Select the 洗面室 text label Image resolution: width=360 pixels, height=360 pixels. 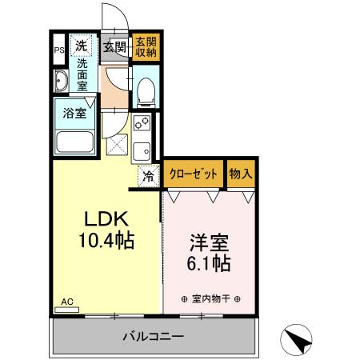82,73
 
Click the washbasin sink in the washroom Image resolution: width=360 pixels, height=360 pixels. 62,81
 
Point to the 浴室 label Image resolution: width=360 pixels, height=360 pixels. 76,112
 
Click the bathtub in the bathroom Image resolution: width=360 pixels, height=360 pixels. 76,143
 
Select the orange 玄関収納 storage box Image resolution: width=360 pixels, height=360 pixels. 145,46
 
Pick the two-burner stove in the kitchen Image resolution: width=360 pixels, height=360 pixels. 142,125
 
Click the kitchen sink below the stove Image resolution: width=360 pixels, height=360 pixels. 142,150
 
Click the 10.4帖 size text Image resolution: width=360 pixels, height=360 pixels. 107,239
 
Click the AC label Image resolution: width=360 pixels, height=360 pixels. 67,301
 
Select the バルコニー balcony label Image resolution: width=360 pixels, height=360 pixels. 154,337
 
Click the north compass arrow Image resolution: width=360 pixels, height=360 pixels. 299,342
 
